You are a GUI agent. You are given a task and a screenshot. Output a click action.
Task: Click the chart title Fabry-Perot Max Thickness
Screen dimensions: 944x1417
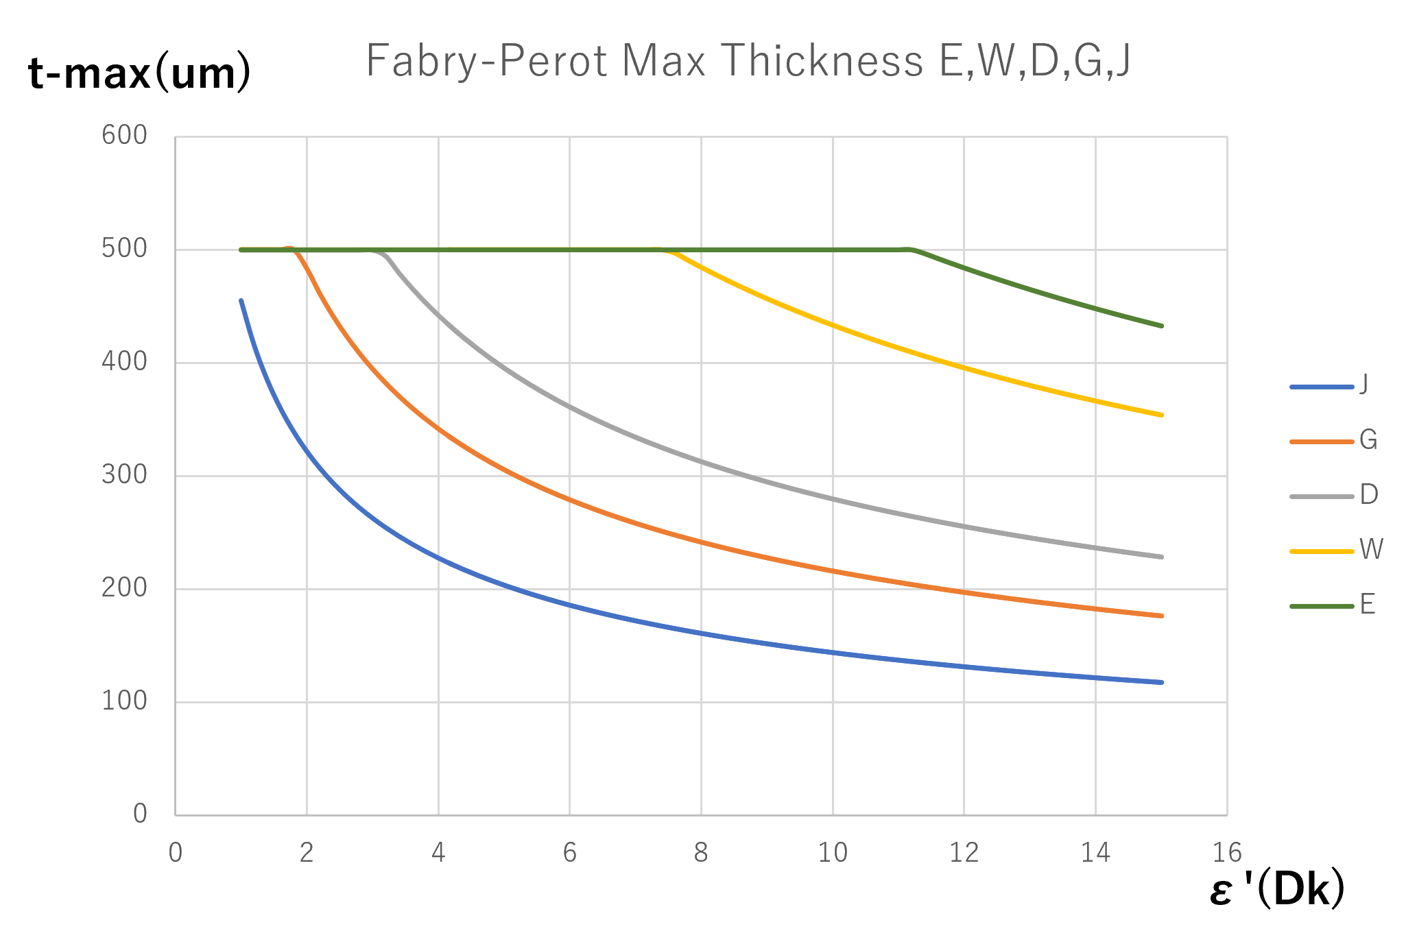click(x=748, y=61)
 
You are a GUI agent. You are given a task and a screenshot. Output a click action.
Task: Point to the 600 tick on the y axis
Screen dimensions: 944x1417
click(x=124, y=136)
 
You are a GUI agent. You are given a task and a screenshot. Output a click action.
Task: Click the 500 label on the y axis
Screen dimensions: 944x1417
click(x=124, y=249)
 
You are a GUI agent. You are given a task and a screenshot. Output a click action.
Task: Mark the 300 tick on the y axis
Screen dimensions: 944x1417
click(x=124, y=475)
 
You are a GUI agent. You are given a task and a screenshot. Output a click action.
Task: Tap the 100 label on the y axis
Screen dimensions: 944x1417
click(x=124, y=701)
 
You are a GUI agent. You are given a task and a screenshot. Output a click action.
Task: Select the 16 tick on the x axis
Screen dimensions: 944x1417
click(x=1227, y=853)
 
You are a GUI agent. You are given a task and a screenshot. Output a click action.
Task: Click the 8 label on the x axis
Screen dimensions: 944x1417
click(x=701, y=853)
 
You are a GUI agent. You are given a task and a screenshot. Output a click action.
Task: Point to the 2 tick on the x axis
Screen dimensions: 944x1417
click(x=307, y=853)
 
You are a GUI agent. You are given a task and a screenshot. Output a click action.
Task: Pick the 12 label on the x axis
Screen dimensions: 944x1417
click(x=964, y=853)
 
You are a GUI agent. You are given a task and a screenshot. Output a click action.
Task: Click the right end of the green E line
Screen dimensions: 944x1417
click(x=1162, y=326)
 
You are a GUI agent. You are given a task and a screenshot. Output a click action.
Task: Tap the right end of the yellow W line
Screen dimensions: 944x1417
click(x=1162, y=415)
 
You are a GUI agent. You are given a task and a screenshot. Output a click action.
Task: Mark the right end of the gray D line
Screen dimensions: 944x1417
click(x=1162, y=557)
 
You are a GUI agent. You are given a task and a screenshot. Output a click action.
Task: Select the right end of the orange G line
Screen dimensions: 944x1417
click(x=1162, y=616)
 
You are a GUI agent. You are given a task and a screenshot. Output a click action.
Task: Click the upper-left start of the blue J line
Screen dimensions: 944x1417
click(x=241, y=300)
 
